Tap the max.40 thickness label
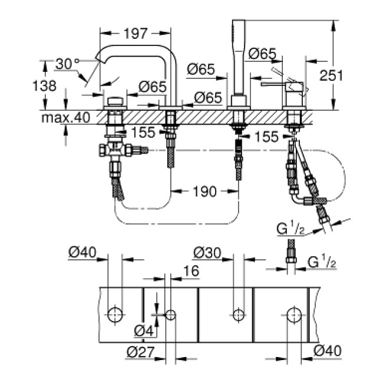(65, 117)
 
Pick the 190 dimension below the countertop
(205, 191)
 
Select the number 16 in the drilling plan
(191, 270)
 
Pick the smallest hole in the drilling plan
(171, 314)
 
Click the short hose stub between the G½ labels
(289, 253)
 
